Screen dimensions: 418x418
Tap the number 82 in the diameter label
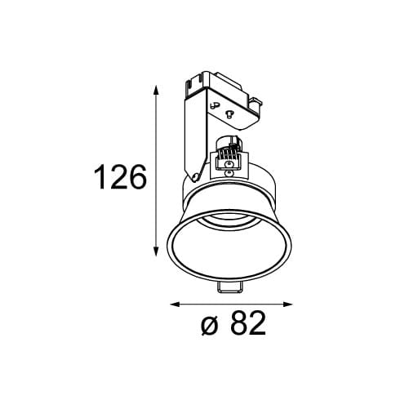tap(249, 325)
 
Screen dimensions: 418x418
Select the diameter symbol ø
tap(209, 326)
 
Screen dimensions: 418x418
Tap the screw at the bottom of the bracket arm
tap(197, 175)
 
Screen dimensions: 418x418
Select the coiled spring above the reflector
tap(230, 152)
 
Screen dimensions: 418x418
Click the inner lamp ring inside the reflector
tap(229, 220)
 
